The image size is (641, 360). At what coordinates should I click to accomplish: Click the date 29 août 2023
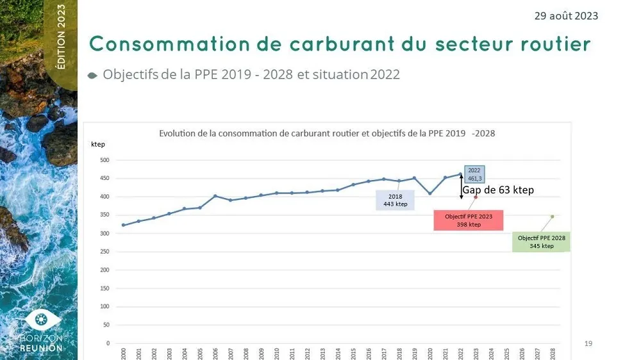point(566,15)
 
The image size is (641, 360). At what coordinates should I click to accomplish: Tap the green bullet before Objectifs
point(92,76)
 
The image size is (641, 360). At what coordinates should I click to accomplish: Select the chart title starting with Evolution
point(326,134)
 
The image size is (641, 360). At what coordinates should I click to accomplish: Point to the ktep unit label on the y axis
point(98,145)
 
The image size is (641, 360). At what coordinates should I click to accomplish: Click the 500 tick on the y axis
point(104,160)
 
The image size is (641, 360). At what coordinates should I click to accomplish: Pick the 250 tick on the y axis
point(104,252)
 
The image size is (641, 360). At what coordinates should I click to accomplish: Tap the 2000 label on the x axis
point(123,354)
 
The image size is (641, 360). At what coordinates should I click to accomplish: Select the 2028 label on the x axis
point(553,354)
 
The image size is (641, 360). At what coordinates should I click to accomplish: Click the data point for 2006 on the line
point(215,196)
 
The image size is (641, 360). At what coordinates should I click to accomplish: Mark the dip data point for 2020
point(429,193)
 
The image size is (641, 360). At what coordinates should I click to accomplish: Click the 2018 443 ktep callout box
point(395,200)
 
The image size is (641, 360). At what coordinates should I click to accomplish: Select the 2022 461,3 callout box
point(474,174)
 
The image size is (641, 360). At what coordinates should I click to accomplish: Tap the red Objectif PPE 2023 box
point(468,220)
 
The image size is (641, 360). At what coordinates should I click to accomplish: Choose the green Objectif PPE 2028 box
point(542,242)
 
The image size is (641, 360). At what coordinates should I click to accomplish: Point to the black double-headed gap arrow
point(461,186)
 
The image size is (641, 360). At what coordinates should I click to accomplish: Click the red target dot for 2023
point(476,197)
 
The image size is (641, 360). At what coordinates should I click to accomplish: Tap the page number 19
point(588,344)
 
